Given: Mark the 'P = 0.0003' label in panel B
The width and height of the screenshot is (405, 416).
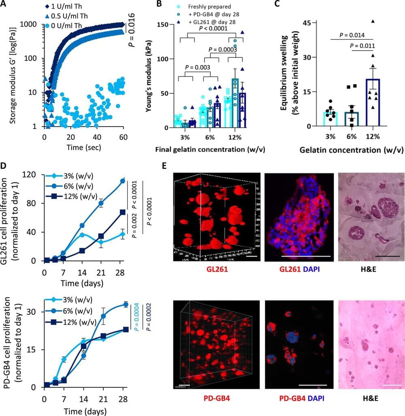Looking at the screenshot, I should tap(223, 49).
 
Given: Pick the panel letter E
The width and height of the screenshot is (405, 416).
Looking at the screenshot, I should tap(165, 166).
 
